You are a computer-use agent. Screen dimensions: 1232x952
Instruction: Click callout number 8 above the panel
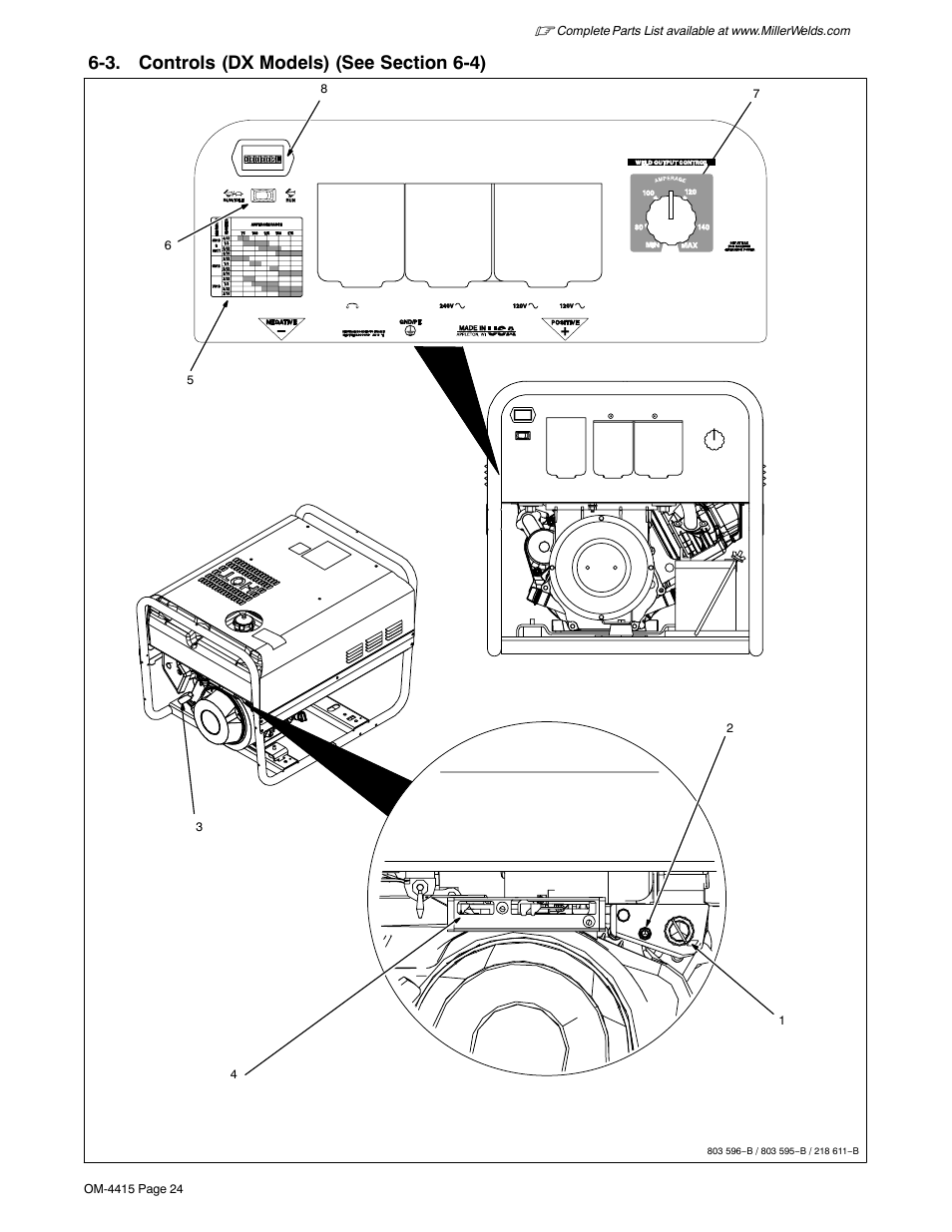323,89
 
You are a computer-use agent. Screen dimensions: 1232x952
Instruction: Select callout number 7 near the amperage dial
756,93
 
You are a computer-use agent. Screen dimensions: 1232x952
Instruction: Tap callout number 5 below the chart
189,380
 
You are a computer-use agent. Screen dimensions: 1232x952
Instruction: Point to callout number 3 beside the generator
200,827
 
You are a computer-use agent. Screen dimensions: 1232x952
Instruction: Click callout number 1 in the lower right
782,1021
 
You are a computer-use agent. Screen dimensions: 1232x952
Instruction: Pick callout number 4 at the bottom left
234,1074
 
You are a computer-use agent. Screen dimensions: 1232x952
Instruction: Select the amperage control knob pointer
672,208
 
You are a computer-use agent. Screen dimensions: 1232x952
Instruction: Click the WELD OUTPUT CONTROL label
678,162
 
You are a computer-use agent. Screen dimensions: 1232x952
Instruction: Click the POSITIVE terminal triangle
564,327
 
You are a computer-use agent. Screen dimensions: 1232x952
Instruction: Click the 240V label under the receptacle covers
449,305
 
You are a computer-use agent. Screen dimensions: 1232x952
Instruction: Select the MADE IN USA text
487,331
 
